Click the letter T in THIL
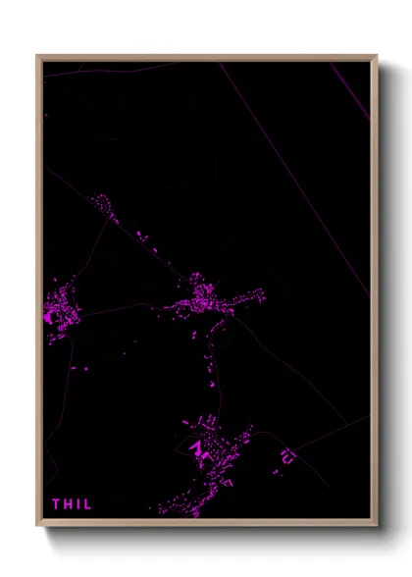point(56,504)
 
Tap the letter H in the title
point(68,504)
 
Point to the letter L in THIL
point(87,504)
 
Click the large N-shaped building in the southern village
point(198,449)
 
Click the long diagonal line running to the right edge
point(294,177)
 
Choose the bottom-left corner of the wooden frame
point(38,525)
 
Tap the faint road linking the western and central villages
point(118,308)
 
